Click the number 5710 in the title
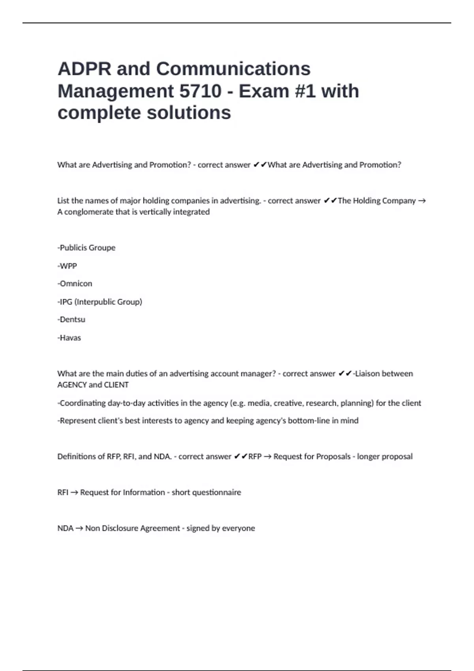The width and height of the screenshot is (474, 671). coord(200,91)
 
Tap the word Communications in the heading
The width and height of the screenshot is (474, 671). coord(233,69)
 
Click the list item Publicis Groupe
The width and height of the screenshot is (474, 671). coord(87,248)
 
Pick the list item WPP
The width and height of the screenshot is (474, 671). coord(68,266)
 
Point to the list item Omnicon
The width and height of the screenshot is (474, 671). coord(75,284)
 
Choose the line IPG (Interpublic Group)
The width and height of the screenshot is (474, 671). coord(100,302)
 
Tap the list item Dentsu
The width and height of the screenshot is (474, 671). coord(71,320)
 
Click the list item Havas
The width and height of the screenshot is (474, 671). coord(70,338)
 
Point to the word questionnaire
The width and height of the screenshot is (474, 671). coord(216,493)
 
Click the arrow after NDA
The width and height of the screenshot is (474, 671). coord(79,529)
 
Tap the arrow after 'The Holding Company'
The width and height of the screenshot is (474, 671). coord(421,201)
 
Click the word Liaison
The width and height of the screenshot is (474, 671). coord(367,374)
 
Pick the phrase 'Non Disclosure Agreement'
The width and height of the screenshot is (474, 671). coord(132,529)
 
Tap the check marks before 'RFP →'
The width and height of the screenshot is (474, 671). coord(241,457)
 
